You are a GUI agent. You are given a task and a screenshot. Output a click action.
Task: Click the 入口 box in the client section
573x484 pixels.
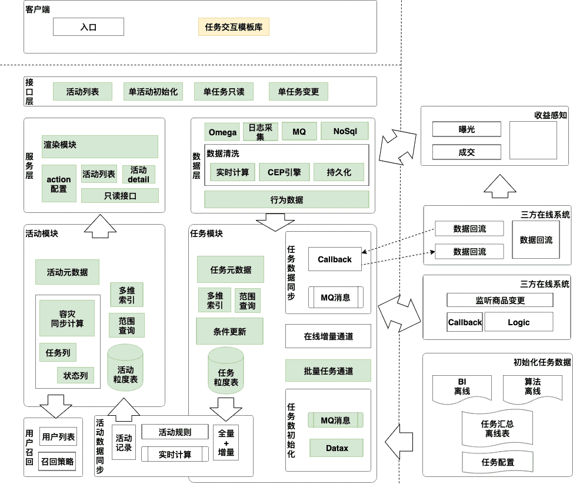pyautogui.click(x=88, y=27)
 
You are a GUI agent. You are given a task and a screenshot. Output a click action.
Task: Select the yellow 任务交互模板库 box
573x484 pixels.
pyautogui.click(x=234, y=27)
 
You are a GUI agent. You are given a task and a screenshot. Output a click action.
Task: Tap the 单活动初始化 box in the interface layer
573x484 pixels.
pyautogui.click(x=153, y=92)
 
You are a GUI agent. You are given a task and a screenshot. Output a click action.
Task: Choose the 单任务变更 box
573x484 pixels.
pyautogui.click(x=298, y=92)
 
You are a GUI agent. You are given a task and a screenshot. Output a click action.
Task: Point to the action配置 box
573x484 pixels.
pyautogui.click(x=59, y=184)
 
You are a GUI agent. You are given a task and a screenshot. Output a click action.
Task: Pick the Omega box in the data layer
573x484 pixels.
pyautogui.click(x=221, y=131)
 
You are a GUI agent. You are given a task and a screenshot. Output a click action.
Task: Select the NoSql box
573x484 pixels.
pyautogui.click(x=342, y=131)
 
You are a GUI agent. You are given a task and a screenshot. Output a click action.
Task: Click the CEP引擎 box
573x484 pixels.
pyautogui.click(x=284, y=172)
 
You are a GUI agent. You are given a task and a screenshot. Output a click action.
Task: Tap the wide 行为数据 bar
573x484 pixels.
pyautogui.click(x=286, y=199)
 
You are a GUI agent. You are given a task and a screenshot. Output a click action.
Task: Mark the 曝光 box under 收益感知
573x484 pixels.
pyautogui.click(x=467, y=129)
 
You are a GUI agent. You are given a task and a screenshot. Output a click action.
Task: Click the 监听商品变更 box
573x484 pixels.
pyautogui.click(x=500, y=300)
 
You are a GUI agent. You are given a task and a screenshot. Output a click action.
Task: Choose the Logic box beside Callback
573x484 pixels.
pyautogui.click(x=518, y=322)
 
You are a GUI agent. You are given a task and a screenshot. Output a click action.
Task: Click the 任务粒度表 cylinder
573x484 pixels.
pyautogui.click(x=226, y=372)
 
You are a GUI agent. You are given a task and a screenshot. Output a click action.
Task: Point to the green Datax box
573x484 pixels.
pyautogui.click(x=337, y=448)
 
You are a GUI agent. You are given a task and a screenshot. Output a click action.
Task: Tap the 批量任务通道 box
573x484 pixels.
pyautogui.click(x=328, y=371)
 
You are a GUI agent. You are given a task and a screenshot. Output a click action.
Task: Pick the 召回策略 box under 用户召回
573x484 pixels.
pyautogui.click(x=58, y=462)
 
